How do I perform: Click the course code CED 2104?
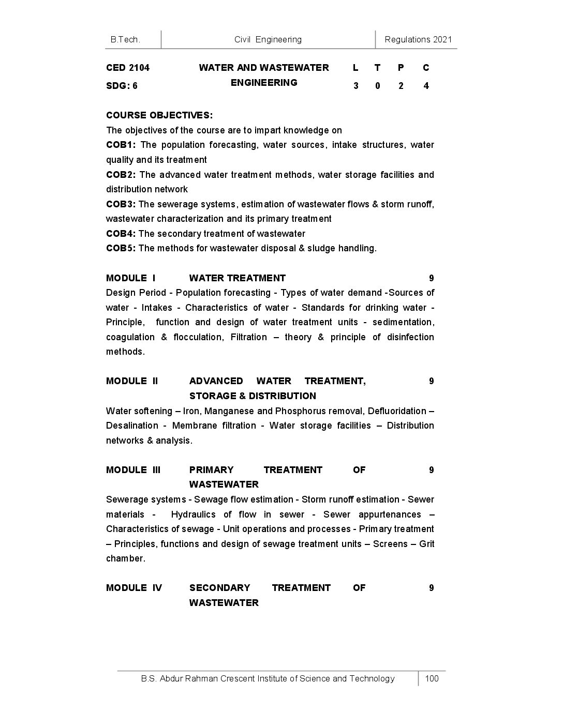pyautogui.click(x=128, y=68)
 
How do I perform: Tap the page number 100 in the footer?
pyautogui.click(x=432, y=678)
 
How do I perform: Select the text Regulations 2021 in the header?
pyautogui.click(x=418, y=39)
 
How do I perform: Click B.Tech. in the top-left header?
pyautogui.click(x=125, y=39)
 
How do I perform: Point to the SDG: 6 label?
pyautogui.click(x=122, y=86)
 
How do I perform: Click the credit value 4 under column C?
pyautogui.click(x=426, y=86)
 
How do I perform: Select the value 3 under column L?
pyautogui.click(x=355, y=86)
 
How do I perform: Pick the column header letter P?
pyautogui.click(x=401, y=68)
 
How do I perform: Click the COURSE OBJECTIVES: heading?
pyautogui.click(x=159, y=115)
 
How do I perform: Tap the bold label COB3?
pyautogui.click(x=121, y=204)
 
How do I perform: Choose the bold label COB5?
pyautogui.click(x=121, y=248)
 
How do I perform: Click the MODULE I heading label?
pyautogui.click(x=131, y=278)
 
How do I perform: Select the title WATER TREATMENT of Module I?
pyautogui.click(x=237, y=278)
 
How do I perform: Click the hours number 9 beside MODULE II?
pyautogui.click(x=432, y=381)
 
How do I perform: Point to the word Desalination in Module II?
pyautogui.click(x=132, y=426)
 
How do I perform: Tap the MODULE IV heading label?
pyautogui.click(x=134, y=588)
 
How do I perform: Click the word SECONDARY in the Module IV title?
pyautogui.click(x=219, y=588)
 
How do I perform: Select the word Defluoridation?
pyautogui.click(x=397, y=411)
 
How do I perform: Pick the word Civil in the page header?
pyautogui.click(x=243, y=39)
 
